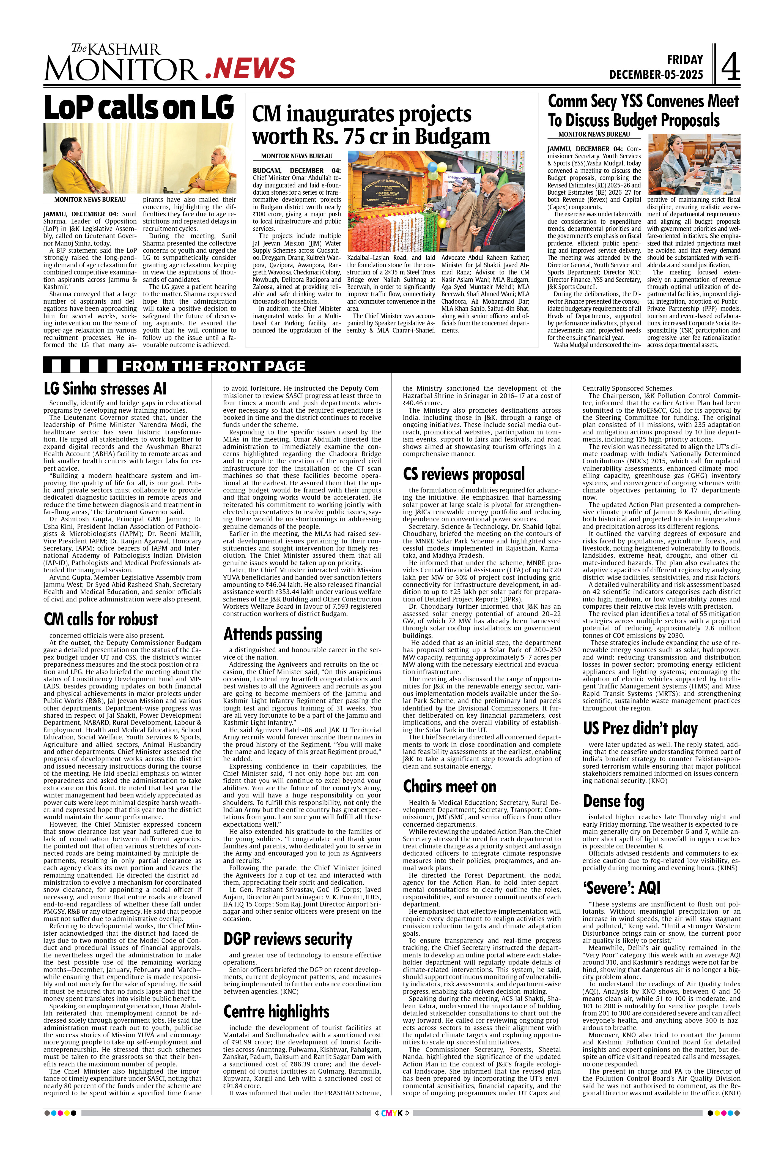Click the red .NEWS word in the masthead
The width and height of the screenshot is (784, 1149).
tap(250, 68)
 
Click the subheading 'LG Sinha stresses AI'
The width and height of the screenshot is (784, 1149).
tap(105, 389)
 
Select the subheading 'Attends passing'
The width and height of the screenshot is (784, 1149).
tap(273, 634)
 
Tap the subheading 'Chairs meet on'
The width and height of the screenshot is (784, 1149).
tap(449, 786)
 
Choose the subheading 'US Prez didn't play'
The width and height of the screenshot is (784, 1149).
tap(640, 728)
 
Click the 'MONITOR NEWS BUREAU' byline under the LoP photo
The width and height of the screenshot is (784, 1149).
tap(90, 200)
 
